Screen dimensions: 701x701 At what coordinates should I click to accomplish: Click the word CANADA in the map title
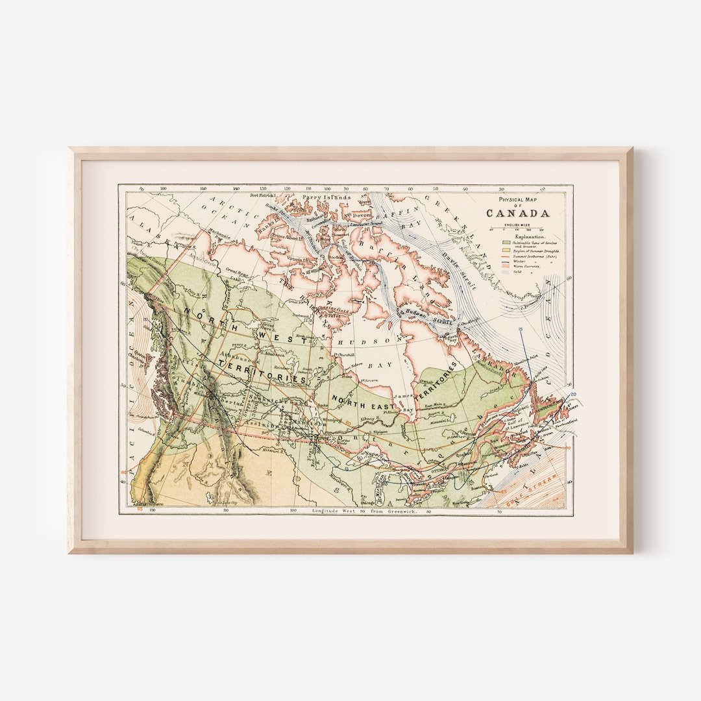[518, 213]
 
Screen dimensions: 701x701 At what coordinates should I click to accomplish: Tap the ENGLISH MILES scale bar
[518, 229]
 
